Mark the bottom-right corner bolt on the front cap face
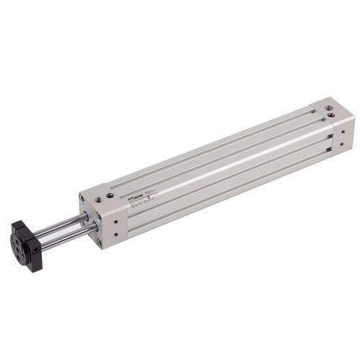click(99, 241)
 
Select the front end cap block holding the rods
click(104, 216)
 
